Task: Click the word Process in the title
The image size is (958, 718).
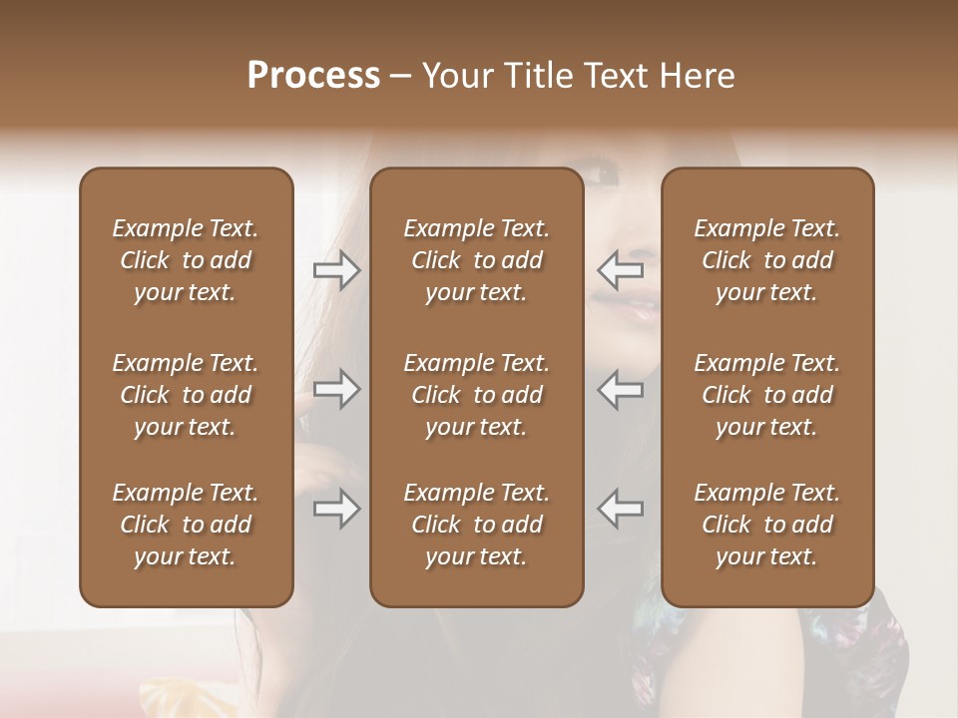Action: (313, 76)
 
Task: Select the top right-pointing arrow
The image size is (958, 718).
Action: (336, 270)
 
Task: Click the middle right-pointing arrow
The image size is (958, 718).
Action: (336, 389)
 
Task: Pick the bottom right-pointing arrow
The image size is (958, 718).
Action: (336, 510)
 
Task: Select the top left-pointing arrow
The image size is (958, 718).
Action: (621, 269)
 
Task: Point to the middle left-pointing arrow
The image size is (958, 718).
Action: (621, 389)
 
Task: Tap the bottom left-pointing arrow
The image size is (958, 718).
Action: (621, 509)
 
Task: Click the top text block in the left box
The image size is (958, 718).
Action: (186, 260)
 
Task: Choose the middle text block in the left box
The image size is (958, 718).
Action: (186, 395)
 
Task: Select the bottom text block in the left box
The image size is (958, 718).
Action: (186, 525)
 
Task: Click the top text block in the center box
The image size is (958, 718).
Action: (476, 260)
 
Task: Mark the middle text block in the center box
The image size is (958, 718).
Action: (476, 395)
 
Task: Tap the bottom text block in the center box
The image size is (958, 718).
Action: (476, 525)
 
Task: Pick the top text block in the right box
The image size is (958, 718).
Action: (766, 260)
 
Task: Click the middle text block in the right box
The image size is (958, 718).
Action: (766, 395)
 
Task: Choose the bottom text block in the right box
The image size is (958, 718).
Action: (766, 525)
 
